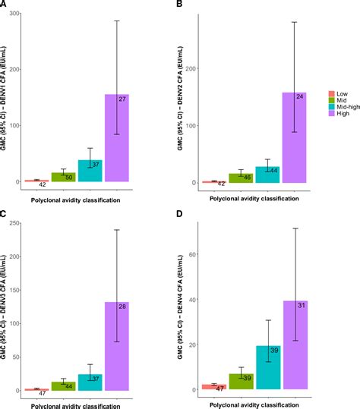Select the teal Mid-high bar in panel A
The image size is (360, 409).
[x=90, y=171]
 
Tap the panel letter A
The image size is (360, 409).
[x=5, y=5]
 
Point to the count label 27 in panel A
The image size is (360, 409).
[x=122, y=99]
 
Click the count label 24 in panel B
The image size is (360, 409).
[x=300, y=97]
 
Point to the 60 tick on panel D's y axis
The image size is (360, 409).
[x=194, y=254]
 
